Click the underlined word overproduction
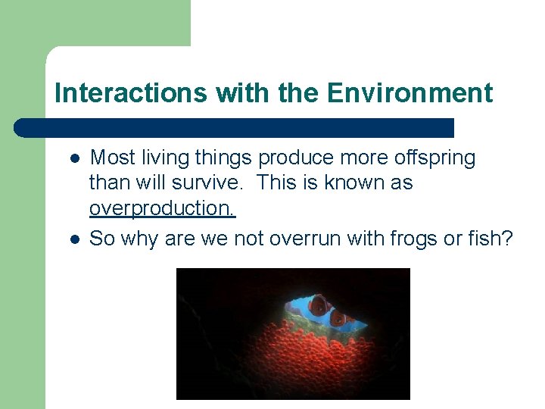click(x=163, y=209)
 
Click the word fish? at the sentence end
click(x=493, y=239)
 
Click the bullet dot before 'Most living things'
click(x=75, y=159)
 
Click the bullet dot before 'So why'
click(x=75, y=239)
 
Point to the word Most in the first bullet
click(x=111, y=158)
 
